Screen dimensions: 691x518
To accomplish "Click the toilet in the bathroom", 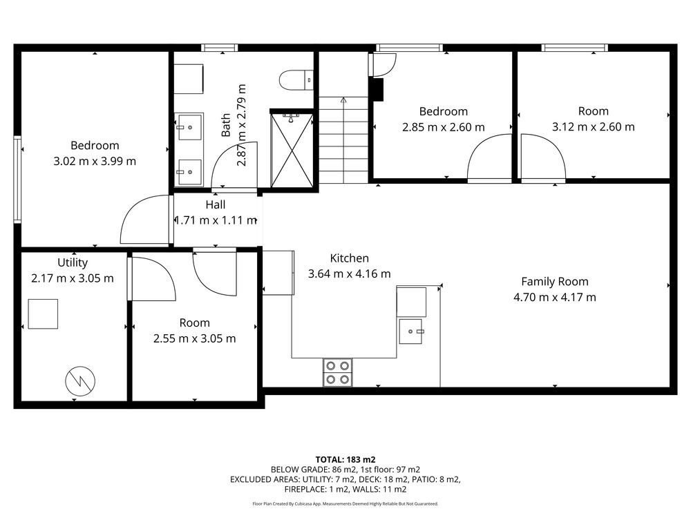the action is click(x=296, y=80).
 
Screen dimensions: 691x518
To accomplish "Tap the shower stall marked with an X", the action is click(x=292, y=150).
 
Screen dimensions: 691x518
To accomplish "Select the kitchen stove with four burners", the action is click(x=338, y=373).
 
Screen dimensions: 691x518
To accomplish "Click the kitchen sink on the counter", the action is click(x=411, y=332).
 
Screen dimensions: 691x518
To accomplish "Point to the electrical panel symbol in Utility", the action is click(x=80, y=381).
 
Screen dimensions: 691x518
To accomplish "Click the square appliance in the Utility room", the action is click(x=43, y=314).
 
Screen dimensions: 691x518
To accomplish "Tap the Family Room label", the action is click(x=555, y=282).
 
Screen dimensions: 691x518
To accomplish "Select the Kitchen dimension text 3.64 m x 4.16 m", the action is click(x=350, y=274).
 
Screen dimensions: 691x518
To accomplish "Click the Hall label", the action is click(x=216, y=204).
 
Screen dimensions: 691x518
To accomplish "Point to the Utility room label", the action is click(x=73, y=262).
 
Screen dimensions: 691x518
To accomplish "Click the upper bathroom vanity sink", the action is click(x=189, y=127).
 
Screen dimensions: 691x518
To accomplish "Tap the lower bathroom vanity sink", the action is click(x=189, y=172).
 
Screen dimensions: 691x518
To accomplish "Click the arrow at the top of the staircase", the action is click(x=343, y=100).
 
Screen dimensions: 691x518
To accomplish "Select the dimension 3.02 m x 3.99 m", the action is click(x=95, y=161).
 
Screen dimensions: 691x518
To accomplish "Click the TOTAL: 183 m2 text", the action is click(x=345, y=460).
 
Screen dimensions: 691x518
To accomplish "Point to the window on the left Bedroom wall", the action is click(x=18, y=178).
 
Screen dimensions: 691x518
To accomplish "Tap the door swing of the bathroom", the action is click(x=234, y=166).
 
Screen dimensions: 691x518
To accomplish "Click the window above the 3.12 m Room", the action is click(x=575, y=48).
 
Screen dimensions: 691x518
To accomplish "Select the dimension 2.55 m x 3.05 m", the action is click(x=195, y=338).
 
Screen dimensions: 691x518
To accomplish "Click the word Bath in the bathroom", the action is click(x=226, y=125).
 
